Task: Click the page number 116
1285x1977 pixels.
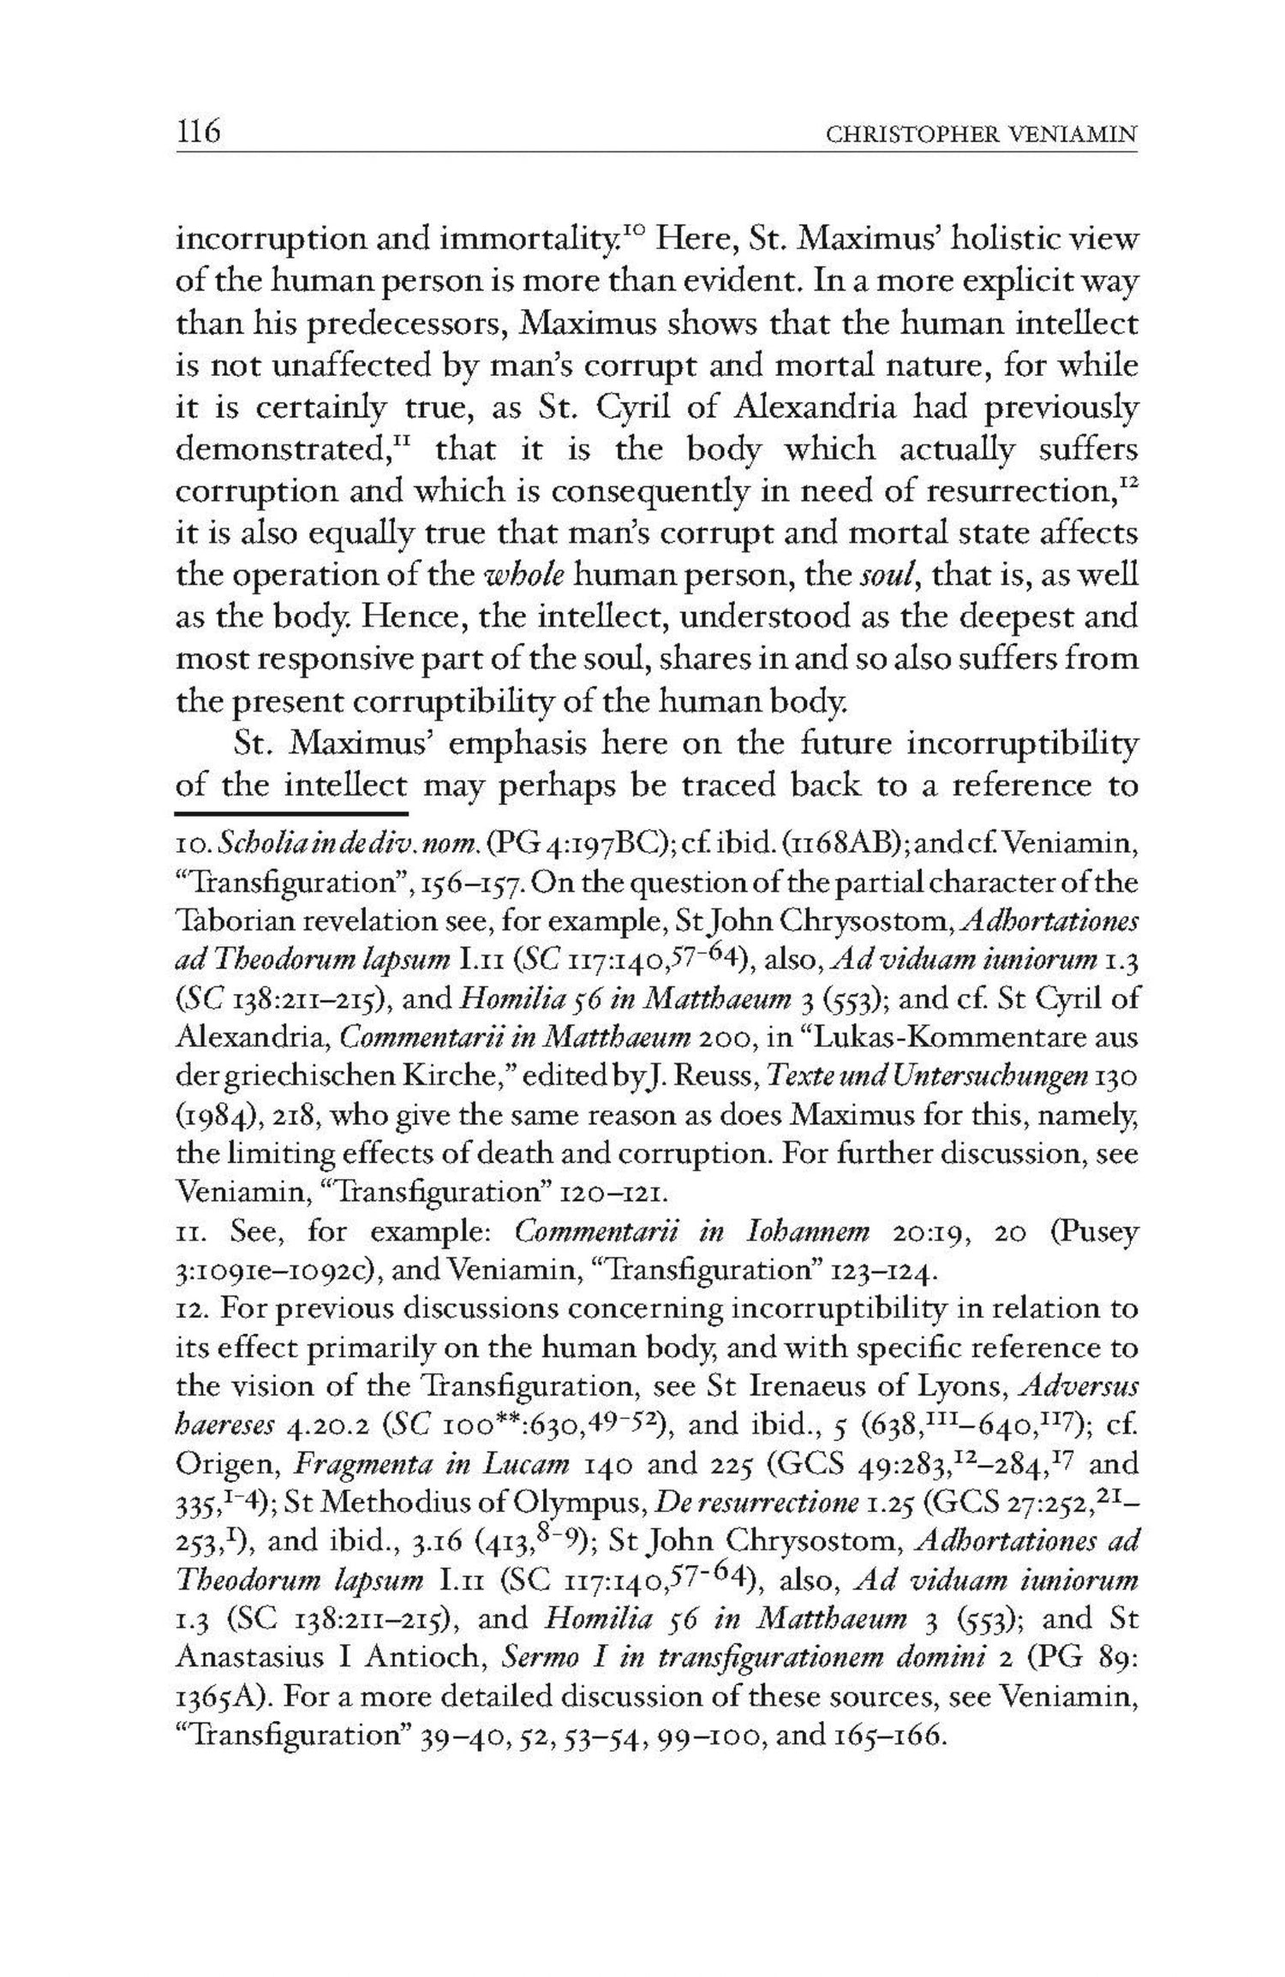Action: pyautogui.click(x=199, y=133)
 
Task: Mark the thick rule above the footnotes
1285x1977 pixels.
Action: pyautogui.click(x=290, y=809)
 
